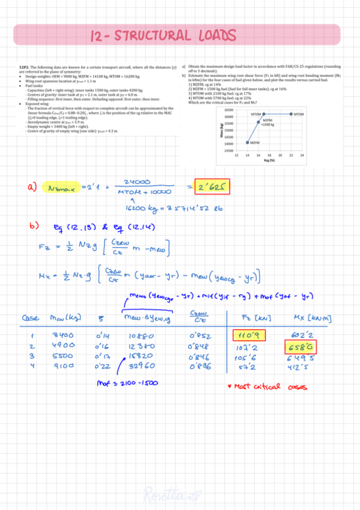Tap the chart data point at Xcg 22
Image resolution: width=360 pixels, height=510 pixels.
coord(291,113)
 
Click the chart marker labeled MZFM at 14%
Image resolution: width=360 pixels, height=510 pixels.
coord(248,143)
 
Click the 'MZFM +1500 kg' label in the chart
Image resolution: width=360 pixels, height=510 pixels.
coord(268,122)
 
